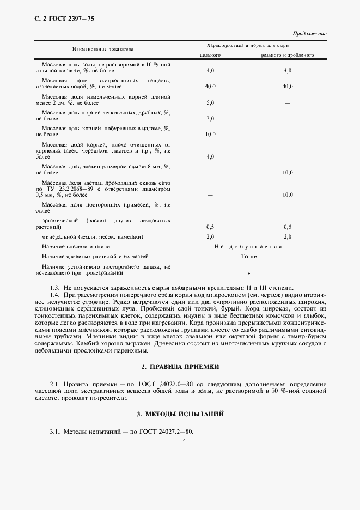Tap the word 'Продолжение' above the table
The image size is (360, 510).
click(x=309, y=34)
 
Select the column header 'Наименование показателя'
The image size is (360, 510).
click(x=104, y=48)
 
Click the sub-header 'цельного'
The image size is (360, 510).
click(x=210, y=55)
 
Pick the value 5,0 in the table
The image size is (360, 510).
click(x=210, y=102)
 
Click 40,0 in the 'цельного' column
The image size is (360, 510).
click(x=210, y=87)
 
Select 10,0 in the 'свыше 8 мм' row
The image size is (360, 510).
click(x=288, y=172)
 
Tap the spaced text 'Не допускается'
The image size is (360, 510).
click(x=248, y=247)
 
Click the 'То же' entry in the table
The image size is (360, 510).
click(x=248, y=256)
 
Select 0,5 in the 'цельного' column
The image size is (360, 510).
click(x=210, y=227)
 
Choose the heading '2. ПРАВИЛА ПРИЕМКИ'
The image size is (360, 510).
click(x=180, y=367)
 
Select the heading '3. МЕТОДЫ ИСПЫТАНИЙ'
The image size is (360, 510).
click(x=180, y=415)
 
